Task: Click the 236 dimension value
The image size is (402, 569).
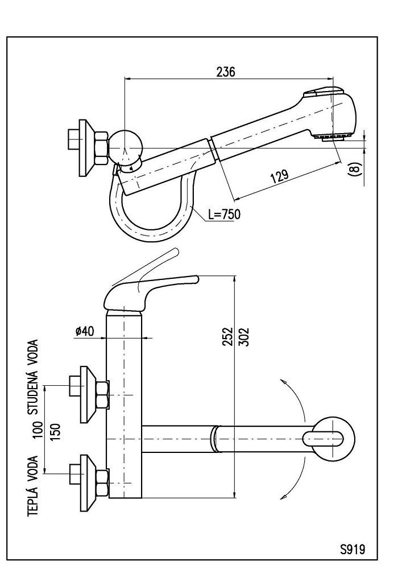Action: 226,72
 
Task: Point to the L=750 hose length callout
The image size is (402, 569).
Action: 224,215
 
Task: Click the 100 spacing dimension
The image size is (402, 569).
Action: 38,428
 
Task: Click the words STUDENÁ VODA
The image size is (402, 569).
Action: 34,377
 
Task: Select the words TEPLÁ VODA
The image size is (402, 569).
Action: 34,485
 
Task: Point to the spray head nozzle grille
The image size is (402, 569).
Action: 333,137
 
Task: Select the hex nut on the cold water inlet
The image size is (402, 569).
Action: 103,395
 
